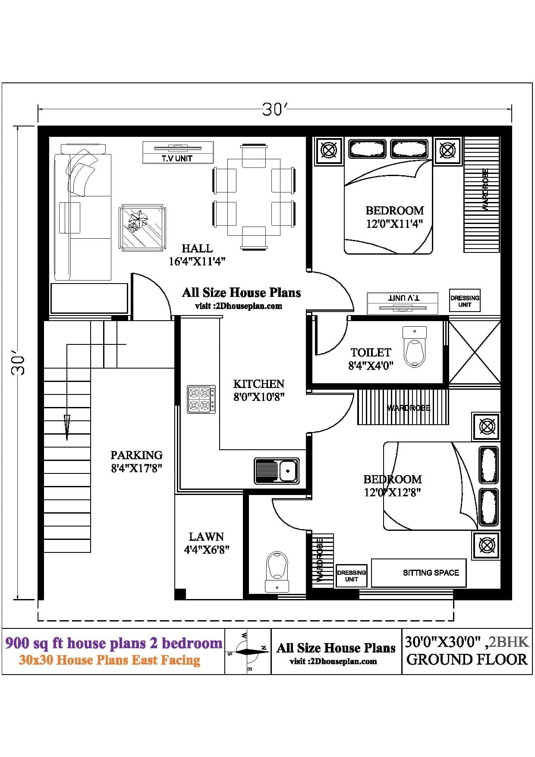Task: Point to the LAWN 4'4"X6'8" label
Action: (206, 543)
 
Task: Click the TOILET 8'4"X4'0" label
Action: (371, 359)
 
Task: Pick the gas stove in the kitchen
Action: (201, 399)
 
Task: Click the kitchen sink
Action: (277, 470)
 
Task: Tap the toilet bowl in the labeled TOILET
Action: (415, 347)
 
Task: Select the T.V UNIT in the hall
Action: (178, 152)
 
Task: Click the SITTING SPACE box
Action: (419, 573)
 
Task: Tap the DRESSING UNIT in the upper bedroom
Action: (465, 301)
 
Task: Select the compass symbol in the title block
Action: (248, 651)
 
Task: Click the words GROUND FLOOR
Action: (467, 659)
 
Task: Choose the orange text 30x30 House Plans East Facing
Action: (110, 660)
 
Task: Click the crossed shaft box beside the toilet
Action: (475, 352)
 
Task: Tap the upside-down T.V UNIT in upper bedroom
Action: (402, 303)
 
